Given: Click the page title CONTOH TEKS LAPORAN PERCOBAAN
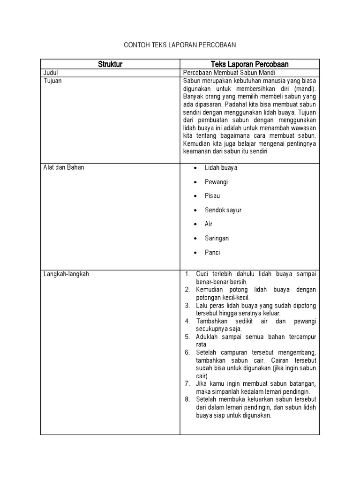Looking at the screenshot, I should coord(180,45).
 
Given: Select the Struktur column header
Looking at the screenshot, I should coord(110,65).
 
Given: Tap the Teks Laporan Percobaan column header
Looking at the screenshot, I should coord(250,65).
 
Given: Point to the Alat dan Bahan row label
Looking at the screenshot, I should coord(64,167).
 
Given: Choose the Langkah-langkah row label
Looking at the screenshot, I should coord(66,274).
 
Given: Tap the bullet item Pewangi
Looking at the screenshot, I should coord(216,182).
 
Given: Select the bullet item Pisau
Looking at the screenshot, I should coord(212,196).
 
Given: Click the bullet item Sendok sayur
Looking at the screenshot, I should coord(223,210).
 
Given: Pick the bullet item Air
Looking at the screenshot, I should coord(209,224).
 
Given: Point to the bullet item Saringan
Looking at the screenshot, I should coord(217,238).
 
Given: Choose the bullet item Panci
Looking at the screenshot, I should coord(212,252).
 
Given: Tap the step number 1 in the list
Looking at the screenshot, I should coord(187,274).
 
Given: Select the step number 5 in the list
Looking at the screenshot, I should coord(187,337).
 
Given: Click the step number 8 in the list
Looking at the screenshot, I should coord(187,399).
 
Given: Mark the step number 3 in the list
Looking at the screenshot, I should coord(187,306).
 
